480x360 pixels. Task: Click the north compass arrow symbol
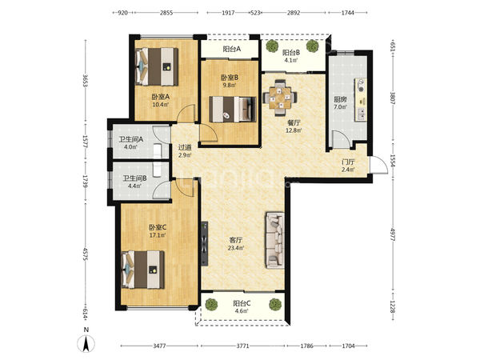pos(86,343)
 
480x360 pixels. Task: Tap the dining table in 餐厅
pos(281,98)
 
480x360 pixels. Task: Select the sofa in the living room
pos(274,240)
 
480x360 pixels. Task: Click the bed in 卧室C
pos(143,270)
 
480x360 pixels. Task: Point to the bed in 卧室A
pos(157,66)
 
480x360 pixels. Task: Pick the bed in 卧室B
pos(232,110)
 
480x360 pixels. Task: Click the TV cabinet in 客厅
pos(204,243)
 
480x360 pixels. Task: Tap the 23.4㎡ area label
pos(236,248)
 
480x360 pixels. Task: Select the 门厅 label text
pos(348,162)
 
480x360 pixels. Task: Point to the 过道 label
pos(185,147)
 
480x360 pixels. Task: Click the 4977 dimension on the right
pos(393,234)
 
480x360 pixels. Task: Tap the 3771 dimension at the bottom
pos(243,346)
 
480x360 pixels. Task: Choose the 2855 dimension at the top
pos(166,13)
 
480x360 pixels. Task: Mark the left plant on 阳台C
pos(211,305)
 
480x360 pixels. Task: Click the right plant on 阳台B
pos(312,46)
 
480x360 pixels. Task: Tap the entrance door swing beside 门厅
pos(378,166)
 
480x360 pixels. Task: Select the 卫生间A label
pos(131,139)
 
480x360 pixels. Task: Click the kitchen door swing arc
pos(341,139)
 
